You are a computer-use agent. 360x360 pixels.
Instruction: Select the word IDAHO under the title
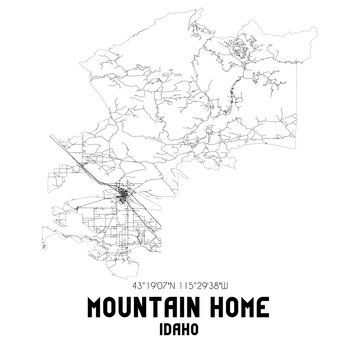(x=180, y=326)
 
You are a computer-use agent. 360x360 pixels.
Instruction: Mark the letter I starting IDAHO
(x=162, y=326)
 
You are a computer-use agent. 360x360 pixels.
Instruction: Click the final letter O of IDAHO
(x=198, y=326)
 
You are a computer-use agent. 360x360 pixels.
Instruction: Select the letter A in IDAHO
(x=179, y=326)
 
